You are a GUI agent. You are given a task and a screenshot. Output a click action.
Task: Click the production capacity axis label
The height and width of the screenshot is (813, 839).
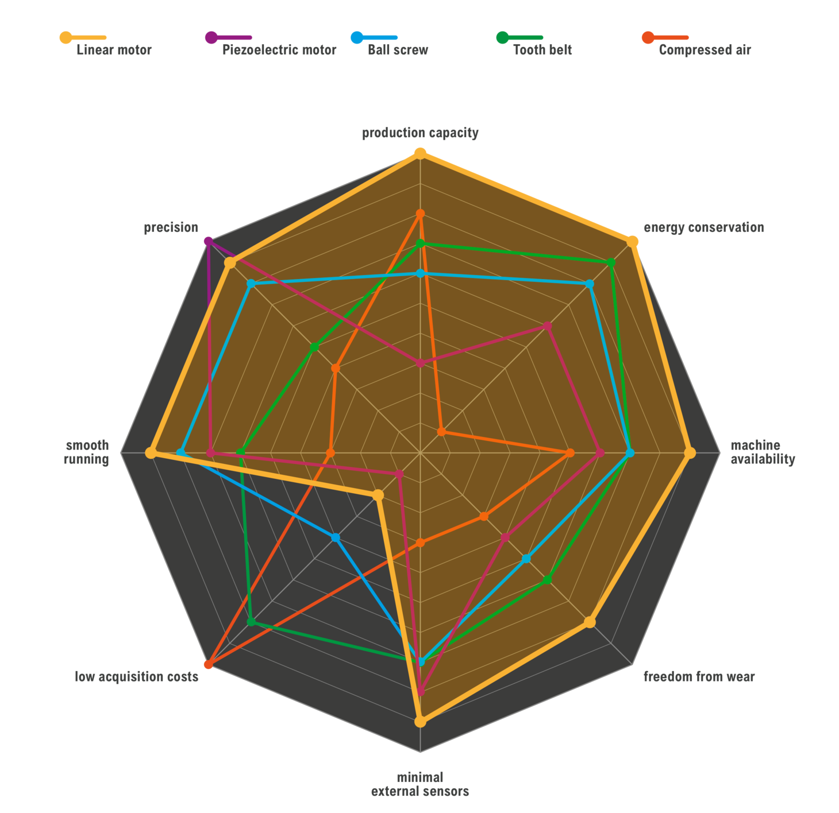pyautogui.click(x=420, y=133)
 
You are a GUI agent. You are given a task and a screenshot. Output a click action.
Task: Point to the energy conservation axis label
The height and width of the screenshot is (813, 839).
pyautogui.click(x=703, y=227)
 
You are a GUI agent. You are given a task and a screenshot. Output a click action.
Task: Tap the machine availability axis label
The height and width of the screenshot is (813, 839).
pyautogui.click(x=763, y=452)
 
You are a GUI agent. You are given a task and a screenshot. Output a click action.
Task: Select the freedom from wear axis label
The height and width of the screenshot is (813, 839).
pyautogui.click(x=699, y=677)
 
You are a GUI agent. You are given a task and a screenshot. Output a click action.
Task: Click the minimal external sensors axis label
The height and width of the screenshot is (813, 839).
pyautogui.click(x=420, y=784)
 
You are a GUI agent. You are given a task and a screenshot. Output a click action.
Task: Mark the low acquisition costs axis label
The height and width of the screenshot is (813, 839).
pyautogui.click(x=137, y=677)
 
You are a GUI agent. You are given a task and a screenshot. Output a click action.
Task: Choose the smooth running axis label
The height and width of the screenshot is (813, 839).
pyautogui.click(x=87, y=452)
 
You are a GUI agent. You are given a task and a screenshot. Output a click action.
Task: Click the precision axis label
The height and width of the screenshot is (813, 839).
pyautogui.click(x=171, y=227)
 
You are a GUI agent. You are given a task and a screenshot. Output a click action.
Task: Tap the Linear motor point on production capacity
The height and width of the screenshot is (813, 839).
pyautogui.click(x=420, y=153)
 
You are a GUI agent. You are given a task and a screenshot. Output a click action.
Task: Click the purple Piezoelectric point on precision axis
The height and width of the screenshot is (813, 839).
pyautogui.click(x=209, y=241)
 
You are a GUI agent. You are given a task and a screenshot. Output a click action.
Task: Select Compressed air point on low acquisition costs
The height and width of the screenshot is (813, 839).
pyautogui.click(x=208, y=665)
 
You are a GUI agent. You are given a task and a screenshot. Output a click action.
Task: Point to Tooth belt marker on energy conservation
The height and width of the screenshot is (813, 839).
pyautogui.click(x=611, y=262)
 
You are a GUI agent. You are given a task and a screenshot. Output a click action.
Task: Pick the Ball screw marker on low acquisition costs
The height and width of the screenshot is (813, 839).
pyautogui.click(x=336, y=537)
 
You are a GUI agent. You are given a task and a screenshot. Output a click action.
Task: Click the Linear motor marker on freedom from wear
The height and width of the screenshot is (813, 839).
pyautogui.click(x=590, y=622)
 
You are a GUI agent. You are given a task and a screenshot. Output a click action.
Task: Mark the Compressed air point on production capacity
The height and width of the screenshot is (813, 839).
pyautogui.click(x=420, y=214)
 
